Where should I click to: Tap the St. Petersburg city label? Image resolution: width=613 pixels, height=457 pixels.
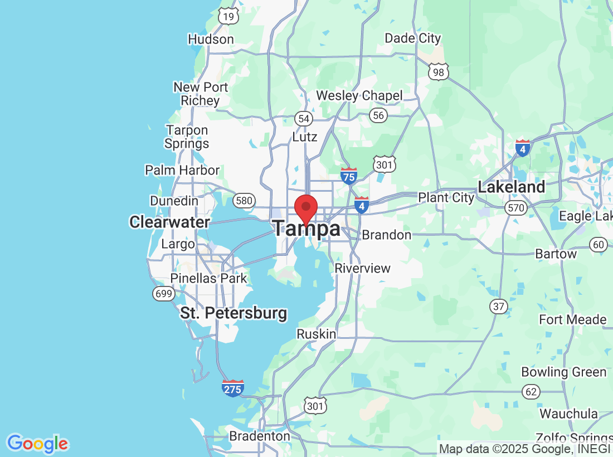tap(233, 313)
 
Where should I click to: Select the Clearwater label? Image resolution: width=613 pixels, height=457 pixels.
tap(169, 222)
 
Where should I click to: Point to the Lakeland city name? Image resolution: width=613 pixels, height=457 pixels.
tap(512, 187)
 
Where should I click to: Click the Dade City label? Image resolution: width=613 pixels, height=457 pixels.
tap(413, 38)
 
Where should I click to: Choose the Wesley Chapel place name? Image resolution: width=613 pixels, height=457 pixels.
tap(359, 96)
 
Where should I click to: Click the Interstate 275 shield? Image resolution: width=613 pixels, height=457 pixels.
tap(232, 388)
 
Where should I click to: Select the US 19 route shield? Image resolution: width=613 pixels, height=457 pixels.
tap(228, 16)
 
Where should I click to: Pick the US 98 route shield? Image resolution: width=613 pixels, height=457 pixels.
tap(439, 71)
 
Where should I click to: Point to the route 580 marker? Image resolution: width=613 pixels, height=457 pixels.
tap(244, 201)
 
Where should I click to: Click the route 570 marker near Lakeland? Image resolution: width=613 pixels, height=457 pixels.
tap(516, 208)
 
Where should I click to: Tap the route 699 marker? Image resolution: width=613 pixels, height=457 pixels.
tap(164, 294)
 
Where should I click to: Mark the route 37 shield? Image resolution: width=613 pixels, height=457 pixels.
tap(498, 305)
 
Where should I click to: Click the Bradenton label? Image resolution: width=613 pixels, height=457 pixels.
tap(260, 436)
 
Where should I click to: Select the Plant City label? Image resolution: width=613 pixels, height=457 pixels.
tap(446, 198)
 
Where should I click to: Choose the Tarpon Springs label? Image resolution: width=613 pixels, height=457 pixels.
tap(187, 137)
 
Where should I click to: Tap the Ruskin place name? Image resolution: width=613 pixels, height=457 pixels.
tap(316, 334)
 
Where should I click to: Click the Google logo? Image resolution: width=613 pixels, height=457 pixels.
tap(37, 444)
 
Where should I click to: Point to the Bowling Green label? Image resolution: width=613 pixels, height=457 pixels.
tap(563, 372)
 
